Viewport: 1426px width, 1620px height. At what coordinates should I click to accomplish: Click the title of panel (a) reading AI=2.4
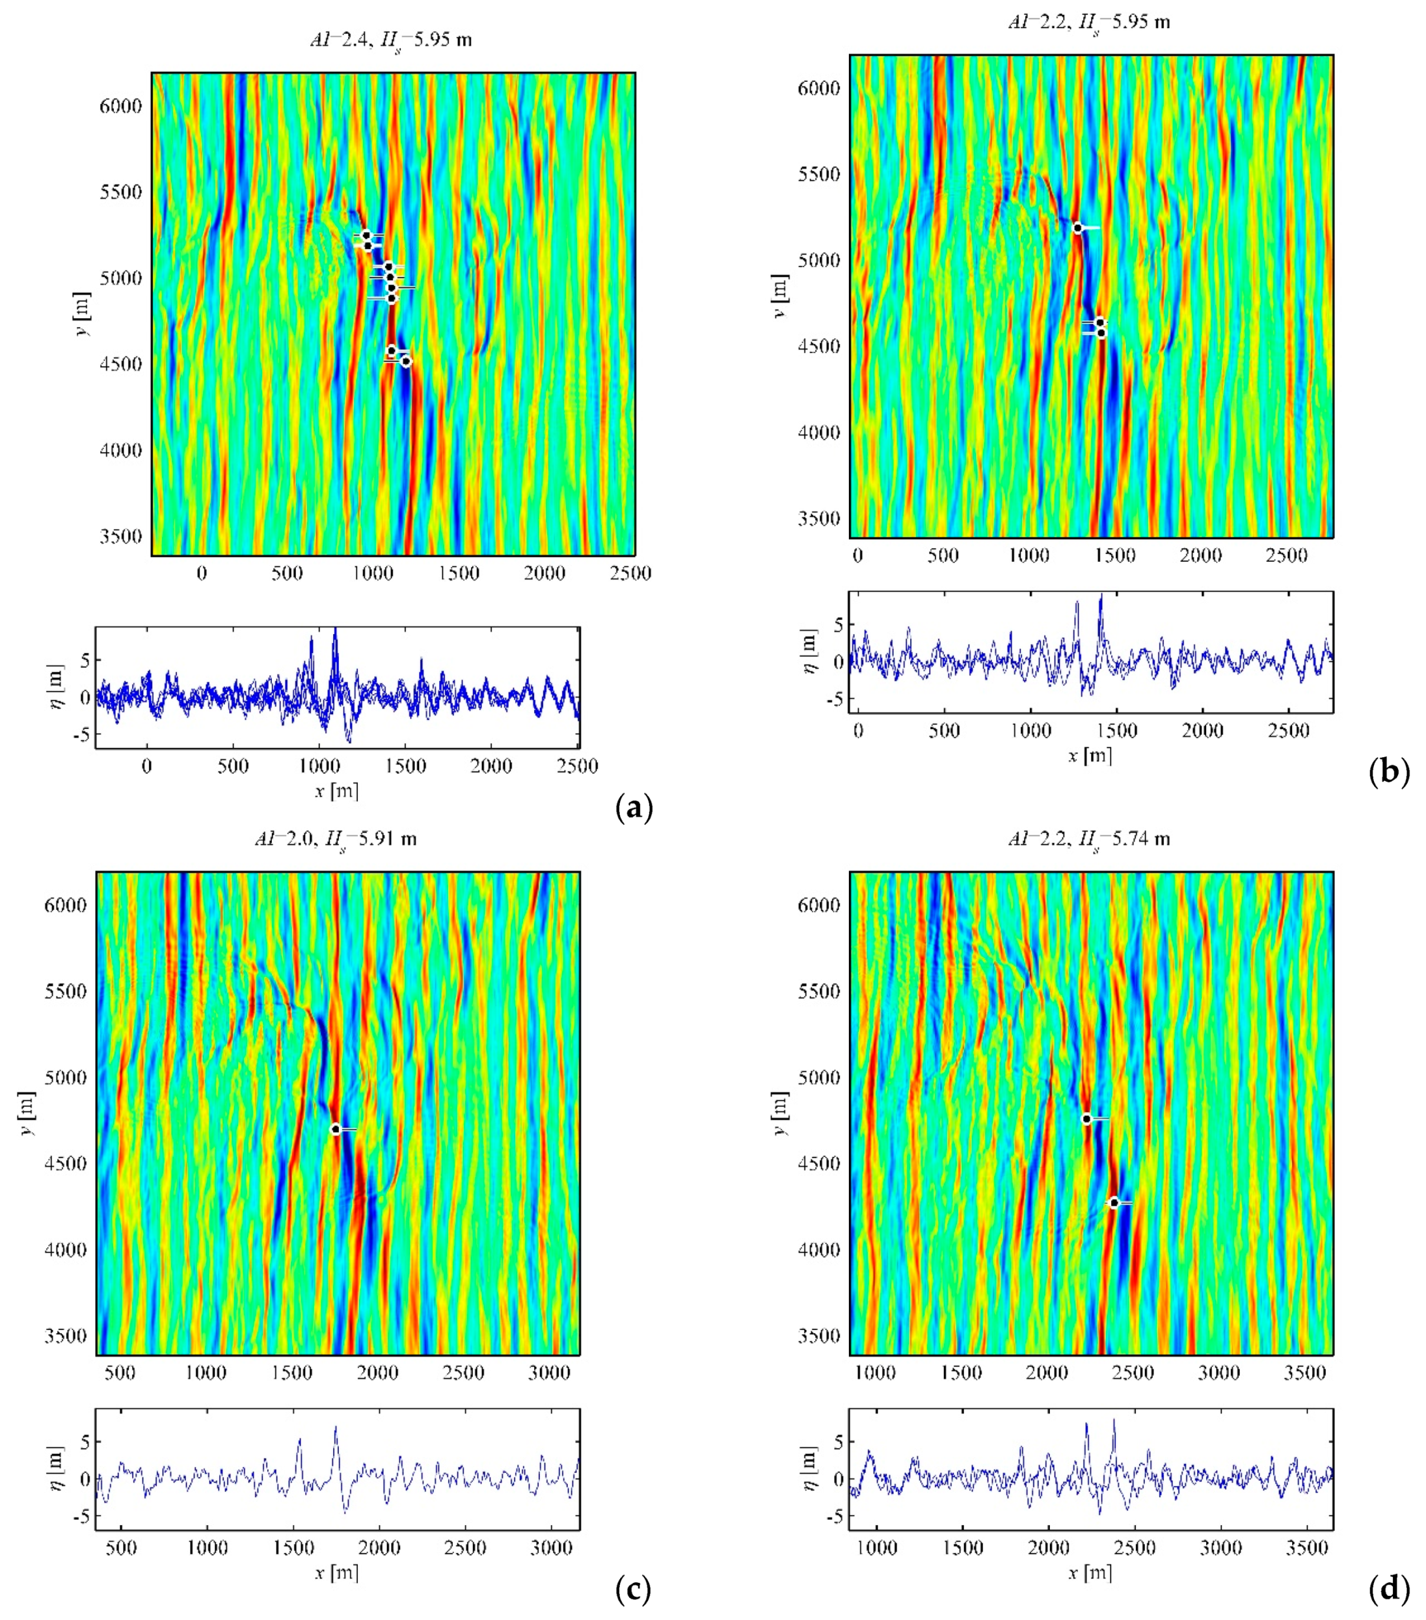tap(391, 39)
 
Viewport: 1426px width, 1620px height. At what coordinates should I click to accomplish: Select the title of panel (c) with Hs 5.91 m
tap(335, 839)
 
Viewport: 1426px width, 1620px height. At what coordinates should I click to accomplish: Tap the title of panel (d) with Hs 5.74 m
tap(1089, 839)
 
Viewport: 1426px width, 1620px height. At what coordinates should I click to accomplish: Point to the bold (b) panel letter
tap(1389, 770)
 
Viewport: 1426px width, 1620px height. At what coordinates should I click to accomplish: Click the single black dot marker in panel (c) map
tap(336, 1129)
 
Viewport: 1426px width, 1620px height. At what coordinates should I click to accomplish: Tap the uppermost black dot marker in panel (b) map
tap(1078, 228)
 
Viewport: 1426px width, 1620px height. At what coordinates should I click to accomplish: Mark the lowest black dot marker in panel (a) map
tap(406, 361)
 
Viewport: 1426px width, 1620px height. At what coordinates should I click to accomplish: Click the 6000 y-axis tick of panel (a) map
tap(120, 106)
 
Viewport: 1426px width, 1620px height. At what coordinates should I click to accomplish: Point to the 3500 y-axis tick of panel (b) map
tap(819, 519)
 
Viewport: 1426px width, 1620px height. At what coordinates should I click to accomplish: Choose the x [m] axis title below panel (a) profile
tap(337, 790)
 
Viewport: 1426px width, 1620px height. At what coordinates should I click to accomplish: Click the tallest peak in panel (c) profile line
tap(335, 1427)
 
